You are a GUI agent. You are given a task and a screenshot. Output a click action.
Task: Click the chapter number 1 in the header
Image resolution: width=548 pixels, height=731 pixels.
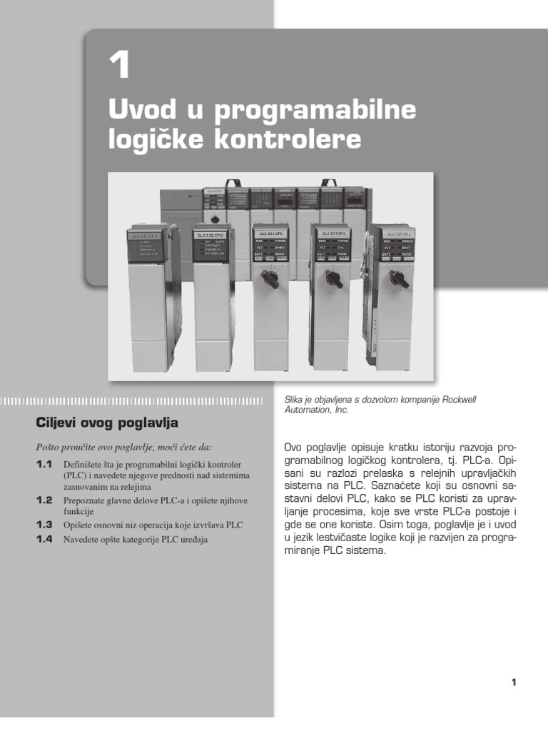pyautogui.click(x=119, y=66)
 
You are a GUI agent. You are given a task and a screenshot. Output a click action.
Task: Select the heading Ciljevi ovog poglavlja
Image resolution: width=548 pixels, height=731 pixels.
pyautogui.click(x=107, y=422)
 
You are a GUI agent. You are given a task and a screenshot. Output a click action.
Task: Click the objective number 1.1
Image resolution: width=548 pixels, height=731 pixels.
pyautogui.click(x=45, y=464)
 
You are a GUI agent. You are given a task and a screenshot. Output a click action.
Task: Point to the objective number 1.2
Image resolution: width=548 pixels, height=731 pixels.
pyautogui.click(x=45, y=500)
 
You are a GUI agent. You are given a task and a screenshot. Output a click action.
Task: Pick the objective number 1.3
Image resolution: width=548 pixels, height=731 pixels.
pyautogui.click(x=45, y=525)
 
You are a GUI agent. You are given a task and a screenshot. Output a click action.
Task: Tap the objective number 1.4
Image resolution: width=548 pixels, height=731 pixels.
pyautogui.click(x=45, y=539)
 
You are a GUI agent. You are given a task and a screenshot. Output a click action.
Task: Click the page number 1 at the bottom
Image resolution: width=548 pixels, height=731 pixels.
pyautogui.click(x=513, y=682)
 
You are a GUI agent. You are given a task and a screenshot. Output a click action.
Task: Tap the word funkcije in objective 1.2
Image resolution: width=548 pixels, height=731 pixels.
pyautogui.click(x=79, y=511)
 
